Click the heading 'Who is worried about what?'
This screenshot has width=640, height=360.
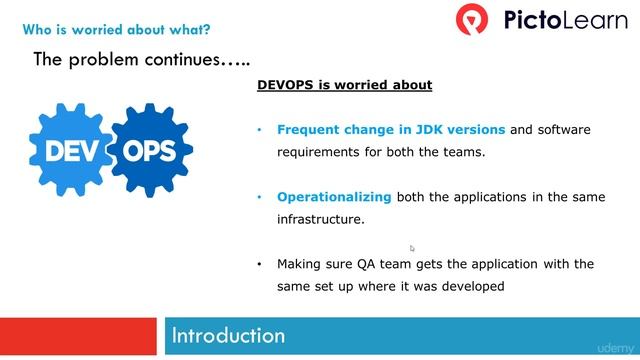point(116,30)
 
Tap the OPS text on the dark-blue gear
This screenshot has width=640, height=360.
point(148,152)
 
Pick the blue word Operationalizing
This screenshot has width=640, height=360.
point(334,197)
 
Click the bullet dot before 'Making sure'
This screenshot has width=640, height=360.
point(260,264)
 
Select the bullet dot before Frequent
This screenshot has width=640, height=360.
point(260,130)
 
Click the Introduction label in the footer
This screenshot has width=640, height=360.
point(228,335)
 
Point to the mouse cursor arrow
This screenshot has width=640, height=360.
point(412,248)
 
